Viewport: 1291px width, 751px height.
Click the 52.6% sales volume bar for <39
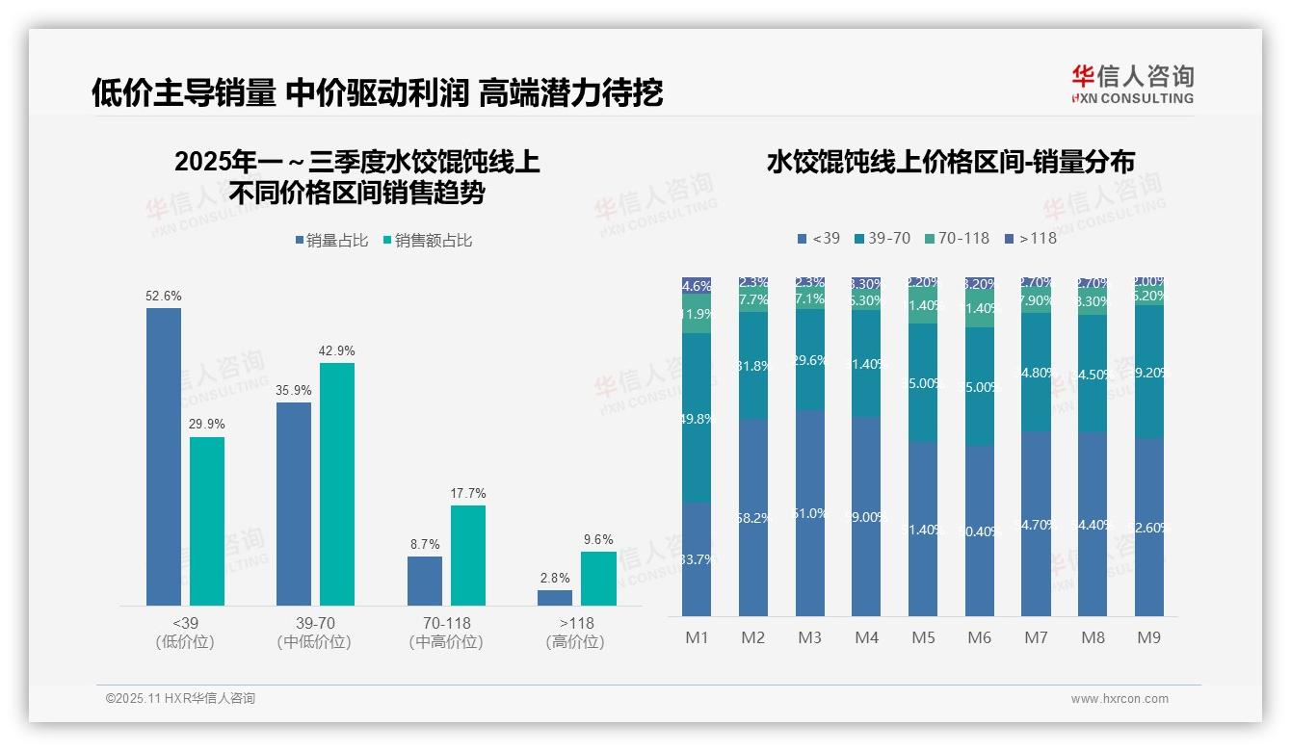pos(164,456)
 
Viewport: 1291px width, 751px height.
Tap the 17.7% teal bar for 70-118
pos(467,556)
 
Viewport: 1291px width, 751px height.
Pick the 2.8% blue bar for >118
pos(555,598)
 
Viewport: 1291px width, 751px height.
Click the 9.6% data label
pos(598,539)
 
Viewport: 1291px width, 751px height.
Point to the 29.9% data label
pos(207,425)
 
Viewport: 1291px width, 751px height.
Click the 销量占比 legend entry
pos(331,241)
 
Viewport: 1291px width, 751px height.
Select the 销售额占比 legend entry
pos(428,241)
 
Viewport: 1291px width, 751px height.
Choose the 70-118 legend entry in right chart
pos(957,238)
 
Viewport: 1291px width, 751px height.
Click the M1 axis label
pos(697,637)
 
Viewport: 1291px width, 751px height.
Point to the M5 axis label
pos(923,637)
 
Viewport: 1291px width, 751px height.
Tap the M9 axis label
pos(1149,637)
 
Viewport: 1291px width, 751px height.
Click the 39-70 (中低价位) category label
pos(314,632)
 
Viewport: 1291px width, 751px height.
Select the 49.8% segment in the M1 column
pos(697,418)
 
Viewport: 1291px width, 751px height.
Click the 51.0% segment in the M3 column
pos(809,513)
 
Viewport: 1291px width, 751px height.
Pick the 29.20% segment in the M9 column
pos(1149,372)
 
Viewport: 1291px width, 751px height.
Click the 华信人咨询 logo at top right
pos(1132,84)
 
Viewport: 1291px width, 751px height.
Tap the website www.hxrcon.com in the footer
pos(1120,699)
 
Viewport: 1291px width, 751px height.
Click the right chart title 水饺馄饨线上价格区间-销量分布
pos(951,162)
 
